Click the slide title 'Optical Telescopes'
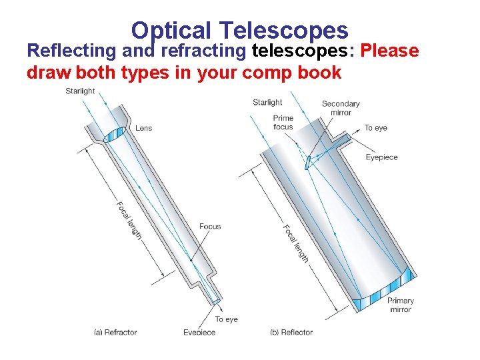(239, 30)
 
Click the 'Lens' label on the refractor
(143, 128)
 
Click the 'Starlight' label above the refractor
(80, 91)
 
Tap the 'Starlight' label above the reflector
(267, 102)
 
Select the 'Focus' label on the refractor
(210, 227)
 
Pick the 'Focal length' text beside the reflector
(296, 243)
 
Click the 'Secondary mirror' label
(341, 108)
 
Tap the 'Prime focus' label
(283, 122)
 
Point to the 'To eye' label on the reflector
(375, 128)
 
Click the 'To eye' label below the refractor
(226, 319)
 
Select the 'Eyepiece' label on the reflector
(381, 157)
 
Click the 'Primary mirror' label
(401, 305)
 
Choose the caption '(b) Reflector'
(291, 332)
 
